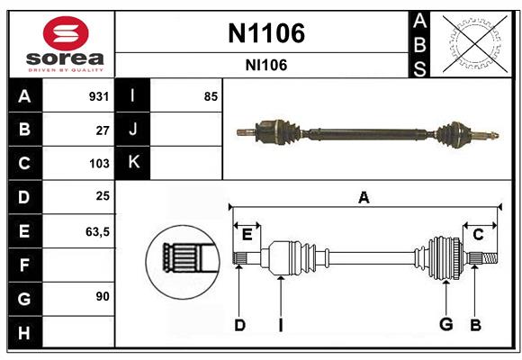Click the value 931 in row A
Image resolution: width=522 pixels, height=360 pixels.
(x=98, y=96)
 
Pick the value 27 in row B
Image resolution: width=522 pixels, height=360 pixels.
(x=102, y=130)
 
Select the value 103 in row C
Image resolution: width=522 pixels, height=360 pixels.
(x=98, y=164)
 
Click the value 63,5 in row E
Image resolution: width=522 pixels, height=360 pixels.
(x=96, y=231)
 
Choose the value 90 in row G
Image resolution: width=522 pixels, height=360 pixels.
(x=102, y=297)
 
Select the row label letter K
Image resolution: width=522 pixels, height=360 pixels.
(x=133, y=163)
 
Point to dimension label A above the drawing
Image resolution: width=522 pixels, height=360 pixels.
(x=364, y=197)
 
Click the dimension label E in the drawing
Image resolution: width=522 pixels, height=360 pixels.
(x=247, y=234)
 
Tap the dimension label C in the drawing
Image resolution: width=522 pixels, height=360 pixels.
(x=478, y=234)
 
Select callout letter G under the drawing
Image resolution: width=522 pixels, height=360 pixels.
(x=444, y=325)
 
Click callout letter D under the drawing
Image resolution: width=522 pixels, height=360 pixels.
(x=239, y=325)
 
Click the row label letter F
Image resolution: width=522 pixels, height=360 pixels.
(x=24, y=265)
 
